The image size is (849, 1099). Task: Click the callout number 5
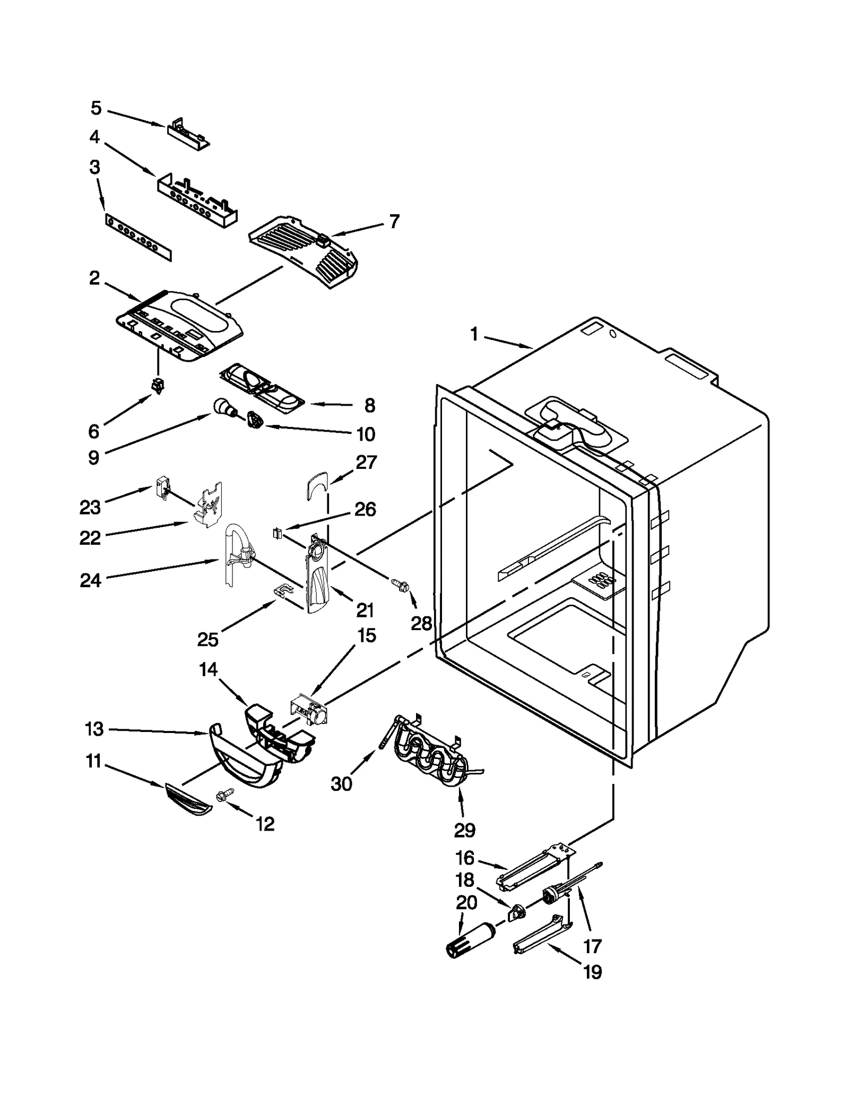click(x=96, y=108)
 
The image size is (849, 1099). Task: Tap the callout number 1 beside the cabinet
click(x=474, y=334)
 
